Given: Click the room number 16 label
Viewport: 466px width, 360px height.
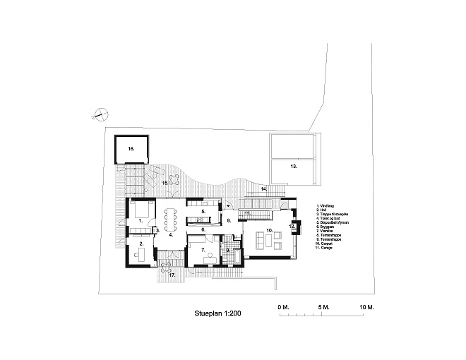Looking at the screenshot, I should pos(131,150).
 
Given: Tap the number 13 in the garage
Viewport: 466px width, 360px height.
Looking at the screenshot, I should pos(293,167).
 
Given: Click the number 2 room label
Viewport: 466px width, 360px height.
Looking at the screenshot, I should pos(141,244).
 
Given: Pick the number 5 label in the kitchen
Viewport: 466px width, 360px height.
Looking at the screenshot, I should pos(203,211).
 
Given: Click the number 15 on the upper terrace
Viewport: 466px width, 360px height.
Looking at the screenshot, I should pos(165,183).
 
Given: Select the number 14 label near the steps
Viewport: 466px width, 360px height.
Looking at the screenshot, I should pos(263,190).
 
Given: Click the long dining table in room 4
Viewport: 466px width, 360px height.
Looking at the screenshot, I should pos(171,219).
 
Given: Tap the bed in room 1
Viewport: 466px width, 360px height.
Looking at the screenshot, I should pos(141,210).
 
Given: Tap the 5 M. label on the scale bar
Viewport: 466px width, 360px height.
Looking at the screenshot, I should pos(324,307).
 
